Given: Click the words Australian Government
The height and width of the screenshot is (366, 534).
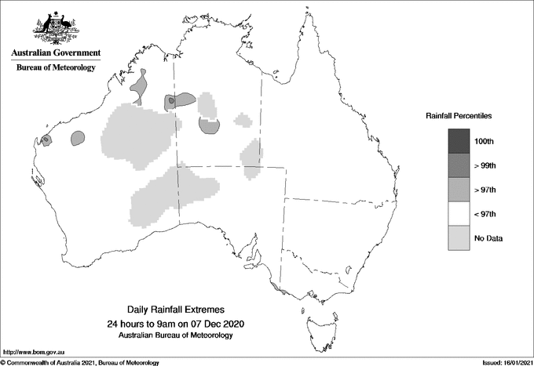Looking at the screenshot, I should click(x=56, y=53).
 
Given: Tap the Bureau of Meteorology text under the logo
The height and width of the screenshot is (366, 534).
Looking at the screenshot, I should click(x=56, y=67).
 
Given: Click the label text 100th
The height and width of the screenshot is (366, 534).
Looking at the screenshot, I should click(x=486, y=141).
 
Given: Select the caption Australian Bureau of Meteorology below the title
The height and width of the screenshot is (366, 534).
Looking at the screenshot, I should click(x=176, y=335).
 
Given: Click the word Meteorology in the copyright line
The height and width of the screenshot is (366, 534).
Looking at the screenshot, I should click(x=141, y=362).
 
